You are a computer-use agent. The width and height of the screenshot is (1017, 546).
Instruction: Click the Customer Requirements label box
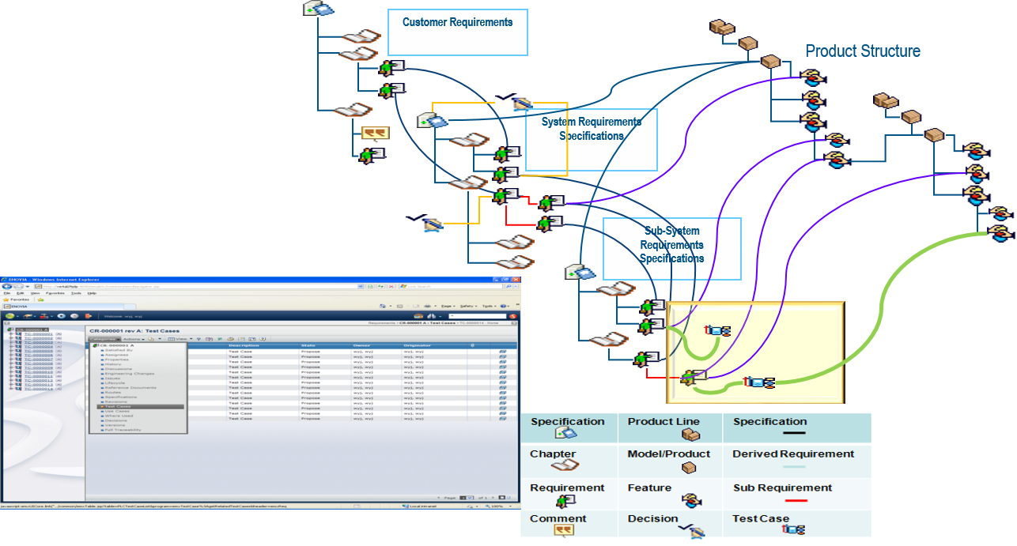[457, 32]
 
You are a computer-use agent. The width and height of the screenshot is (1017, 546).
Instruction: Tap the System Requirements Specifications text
[591, 129]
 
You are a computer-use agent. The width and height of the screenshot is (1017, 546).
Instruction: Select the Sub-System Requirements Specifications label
[671, 245]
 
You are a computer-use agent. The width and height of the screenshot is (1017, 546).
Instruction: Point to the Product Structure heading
[863, 51]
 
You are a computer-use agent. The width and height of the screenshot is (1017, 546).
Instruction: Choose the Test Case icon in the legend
[792, 530]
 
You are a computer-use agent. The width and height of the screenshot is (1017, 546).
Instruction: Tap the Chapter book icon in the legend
[565, 466]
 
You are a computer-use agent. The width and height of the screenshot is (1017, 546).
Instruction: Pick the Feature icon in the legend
[690, 501]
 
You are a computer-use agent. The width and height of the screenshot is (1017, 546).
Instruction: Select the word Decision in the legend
[652, 519]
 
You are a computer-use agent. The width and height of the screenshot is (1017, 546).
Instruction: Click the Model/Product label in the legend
[668, 454]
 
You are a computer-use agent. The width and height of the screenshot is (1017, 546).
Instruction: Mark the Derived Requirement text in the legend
[792, 454]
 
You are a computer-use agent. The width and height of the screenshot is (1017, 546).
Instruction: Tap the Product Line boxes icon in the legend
[690, 435]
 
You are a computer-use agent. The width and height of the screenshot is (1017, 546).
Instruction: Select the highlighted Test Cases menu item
[119, 407]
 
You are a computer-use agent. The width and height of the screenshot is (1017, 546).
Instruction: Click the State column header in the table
[308, 345]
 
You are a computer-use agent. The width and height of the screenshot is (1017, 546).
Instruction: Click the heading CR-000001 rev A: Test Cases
[134, 331]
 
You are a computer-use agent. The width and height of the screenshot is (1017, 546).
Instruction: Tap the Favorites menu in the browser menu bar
[55, 292]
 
